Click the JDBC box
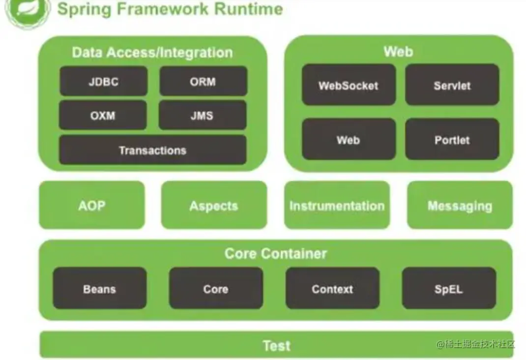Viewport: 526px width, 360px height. click(103, 81)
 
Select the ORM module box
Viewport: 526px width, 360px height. click(203, 81)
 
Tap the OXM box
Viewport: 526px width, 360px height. click(103, 115)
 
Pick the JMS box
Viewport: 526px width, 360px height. click(203, 115)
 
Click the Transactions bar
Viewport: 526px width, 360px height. click(152, 150)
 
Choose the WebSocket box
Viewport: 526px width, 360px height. click(349, 86)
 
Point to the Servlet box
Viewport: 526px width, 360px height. click(452, 86)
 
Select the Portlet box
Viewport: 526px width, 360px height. click(452, 140)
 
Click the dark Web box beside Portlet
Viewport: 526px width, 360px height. click(349, 140)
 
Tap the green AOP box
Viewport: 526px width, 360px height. click(92, 205)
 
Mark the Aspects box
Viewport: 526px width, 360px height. click(214, 205)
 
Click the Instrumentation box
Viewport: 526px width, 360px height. click(337, 205)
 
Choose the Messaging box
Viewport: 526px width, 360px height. click(460, 205)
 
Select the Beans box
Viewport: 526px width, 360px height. click(99, 289)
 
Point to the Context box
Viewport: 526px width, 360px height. click(332, 289)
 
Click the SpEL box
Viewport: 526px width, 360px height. click(448, 289)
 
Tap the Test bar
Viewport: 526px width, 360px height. click(276, 345)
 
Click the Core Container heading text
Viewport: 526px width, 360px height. click(275, 253)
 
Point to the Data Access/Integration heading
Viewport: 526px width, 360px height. click(152, 52)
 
